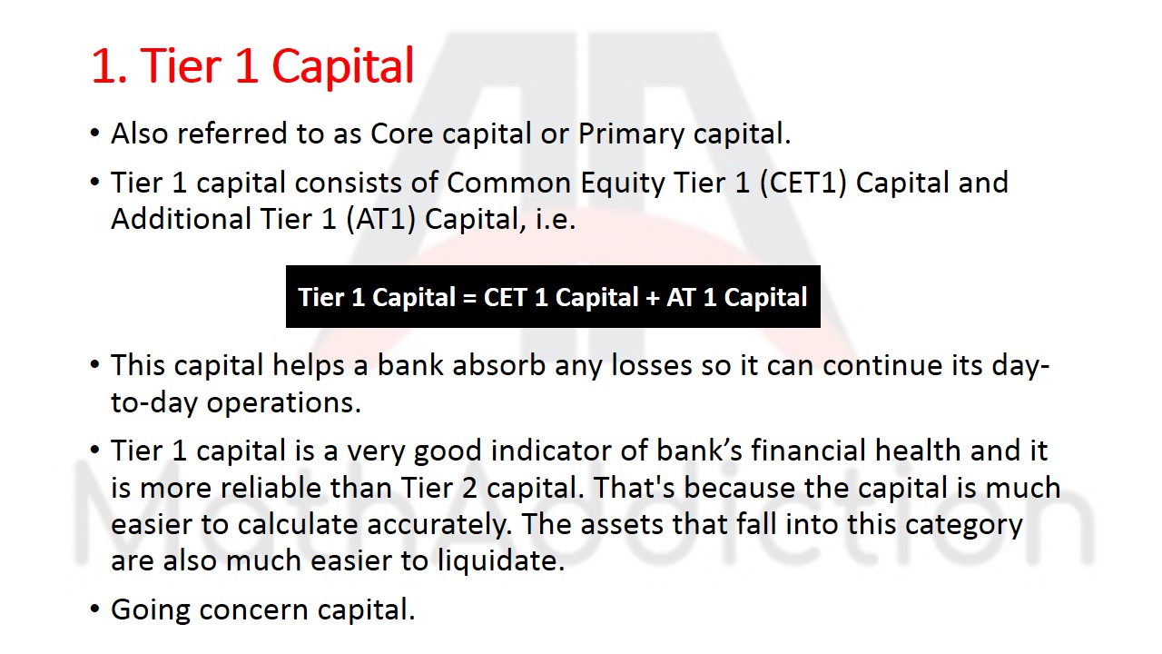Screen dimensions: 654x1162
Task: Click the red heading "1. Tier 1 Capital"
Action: [252, 66]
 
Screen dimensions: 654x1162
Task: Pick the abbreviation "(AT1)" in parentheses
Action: [381, 220]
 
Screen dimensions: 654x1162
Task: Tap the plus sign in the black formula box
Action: [653, 298]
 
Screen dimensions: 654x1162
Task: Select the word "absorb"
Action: [499, 365]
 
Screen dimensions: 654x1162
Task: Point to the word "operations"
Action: [283, 402]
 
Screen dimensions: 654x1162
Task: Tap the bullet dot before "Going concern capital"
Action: [94, 609]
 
